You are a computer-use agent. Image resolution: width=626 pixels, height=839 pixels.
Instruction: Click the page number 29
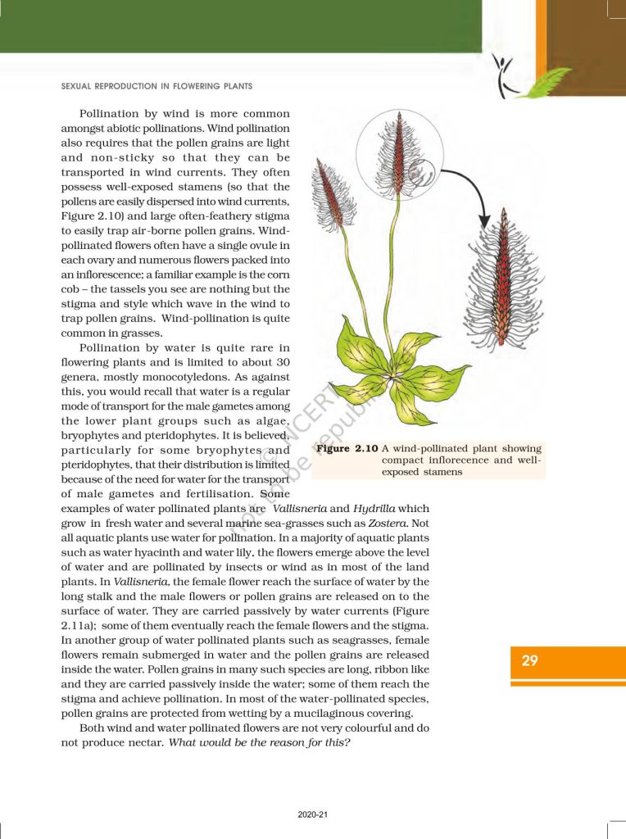tap(529, 660)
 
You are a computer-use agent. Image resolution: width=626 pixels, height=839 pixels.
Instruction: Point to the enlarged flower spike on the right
tap(502, 279)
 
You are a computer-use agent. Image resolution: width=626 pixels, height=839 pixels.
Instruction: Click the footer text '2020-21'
tap(313, 815)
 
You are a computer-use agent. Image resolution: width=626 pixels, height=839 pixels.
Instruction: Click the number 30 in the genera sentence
tap(281, 363)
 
